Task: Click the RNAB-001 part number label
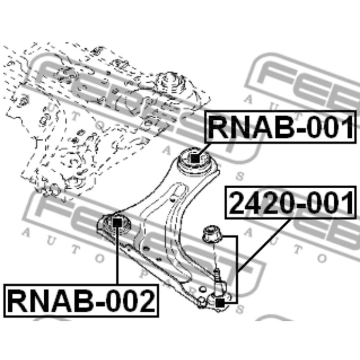click(x=281, y=127)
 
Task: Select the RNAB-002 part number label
click(x=81, y=301)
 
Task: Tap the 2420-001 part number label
click(x=291, y=204)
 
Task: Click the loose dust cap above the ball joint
click(x=210, y=235)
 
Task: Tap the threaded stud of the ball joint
click(x=218, y=275)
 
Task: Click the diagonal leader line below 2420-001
click(x=265, y=244)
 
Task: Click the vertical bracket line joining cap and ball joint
click(x=237, y=267)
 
